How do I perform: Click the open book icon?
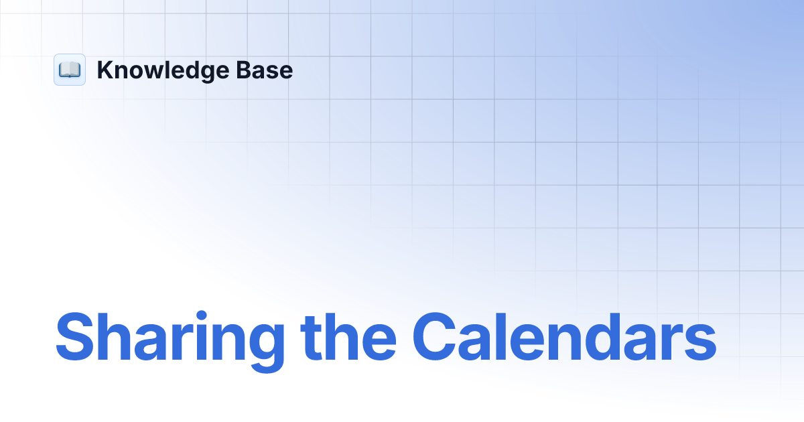pos(70,70)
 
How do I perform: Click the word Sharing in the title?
pos(171,337)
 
